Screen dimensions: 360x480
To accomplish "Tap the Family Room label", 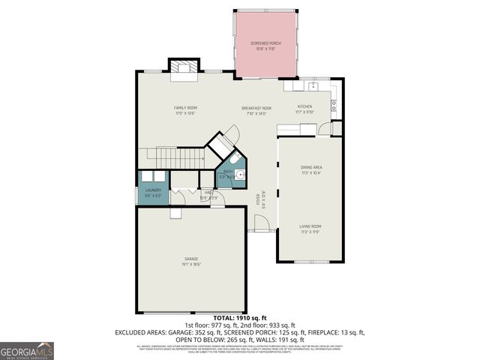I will (185, 108).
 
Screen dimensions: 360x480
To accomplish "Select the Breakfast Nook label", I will (256, 108).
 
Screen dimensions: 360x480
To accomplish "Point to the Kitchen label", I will (304, 107).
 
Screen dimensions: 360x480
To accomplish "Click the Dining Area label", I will (311, 167).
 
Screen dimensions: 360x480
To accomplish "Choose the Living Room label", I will (310, 226).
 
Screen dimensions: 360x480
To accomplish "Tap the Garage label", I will (192, 259).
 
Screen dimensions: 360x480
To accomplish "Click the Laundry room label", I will (152, 190).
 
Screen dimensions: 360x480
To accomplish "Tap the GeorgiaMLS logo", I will (27, 350).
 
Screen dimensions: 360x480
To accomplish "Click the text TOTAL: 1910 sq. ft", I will (239, 318).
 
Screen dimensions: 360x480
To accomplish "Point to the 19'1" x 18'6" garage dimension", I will (192, 264).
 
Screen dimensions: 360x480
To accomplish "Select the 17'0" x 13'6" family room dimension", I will (185, 113).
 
